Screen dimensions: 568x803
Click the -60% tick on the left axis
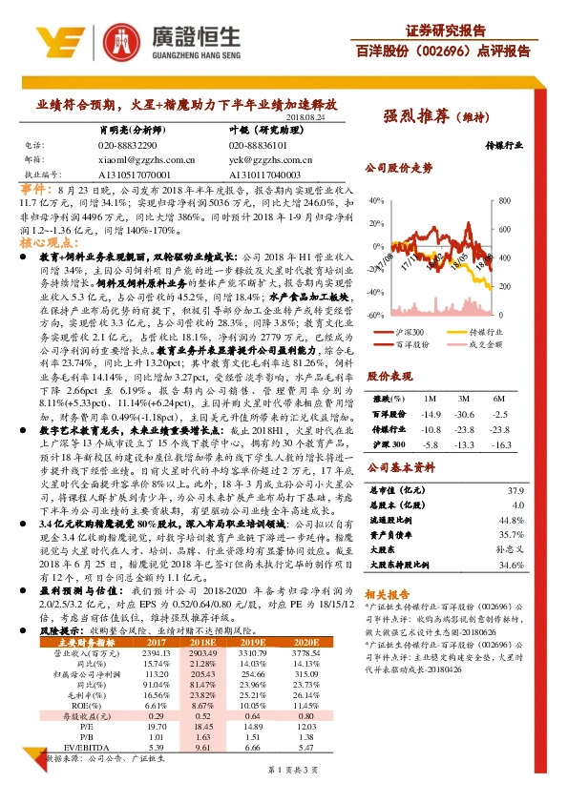(373, 314)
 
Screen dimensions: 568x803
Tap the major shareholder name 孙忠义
(511, 550)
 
